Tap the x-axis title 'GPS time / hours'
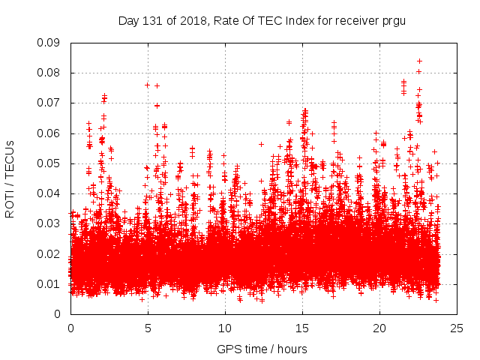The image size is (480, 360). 262,349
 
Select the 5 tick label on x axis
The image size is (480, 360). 148,328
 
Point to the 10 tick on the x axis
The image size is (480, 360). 225,328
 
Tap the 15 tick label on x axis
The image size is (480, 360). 302,328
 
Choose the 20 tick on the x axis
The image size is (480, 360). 379,328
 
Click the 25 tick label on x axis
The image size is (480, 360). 457,328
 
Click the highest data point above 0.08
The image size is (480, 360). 419,61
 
